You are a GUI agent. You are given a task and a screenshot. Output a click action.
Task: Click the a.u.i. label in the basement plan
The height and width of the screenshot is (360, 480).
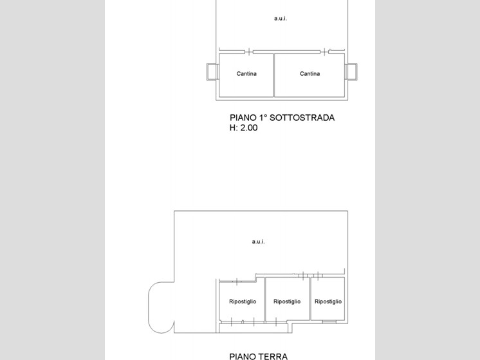point(281,19)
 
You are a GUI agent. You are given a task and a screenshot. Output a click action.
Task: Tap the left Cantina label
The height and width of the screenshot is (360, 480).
point(246,74)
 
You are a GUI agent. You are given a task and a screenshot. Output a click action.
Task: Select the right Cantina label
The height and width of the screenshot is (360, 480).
point(309,74)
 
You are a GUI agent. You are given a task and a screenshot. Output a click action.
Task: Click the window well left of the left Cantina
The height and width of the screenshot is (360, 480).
point(212,71)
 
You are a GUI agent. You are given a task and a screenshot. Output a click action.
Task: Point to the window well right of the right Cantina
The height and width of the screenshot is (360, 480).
point(351,71)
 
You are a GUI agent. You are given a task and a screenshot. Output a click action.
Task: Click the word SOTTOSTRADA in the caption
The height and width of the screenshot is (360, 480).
point(302,118)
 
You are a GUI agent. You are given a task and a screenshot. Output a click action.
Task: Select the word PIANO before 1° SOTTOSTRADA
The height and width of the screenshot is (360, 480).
point(243,118)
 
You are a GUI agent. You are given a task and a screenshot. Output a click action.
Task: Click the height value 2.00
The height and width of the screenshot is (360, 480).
point(249,128)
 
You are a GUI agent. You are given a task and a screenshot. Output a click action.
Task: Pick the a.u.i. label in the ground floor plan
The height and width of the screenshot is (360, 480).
point(259,242)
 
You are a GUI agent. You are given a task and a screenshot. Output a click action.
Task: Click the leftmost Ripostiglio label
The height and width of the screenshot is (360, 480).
point(243,301)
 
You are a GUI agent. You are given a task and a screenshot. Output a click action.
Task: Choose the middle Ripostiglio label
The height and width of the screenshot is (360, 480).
point(287,301)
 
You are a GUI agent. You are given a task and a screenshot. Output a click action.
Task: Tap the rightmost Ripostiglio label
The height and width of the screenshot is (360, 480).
point(328,301)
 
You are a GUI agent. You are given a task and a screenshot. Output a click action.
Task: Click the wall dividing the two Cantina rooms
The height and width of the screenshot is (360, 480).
point(273,75)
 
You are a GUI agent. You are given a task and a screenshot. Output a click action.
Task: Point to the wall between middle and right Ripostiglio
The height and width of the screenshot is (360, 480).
point(310,299)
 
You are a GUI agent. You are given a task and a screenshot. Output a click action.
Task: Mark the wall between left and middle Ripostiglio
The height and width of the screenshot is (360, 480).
point(265,300)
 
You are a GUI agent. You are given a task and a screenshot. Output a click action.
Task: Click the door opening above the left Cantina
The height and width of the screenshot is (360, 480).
point(249,52)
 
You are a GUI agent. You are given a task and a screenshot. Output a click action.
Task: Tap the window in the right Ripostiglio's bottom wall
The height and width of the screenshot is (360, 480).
point(329,321)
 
